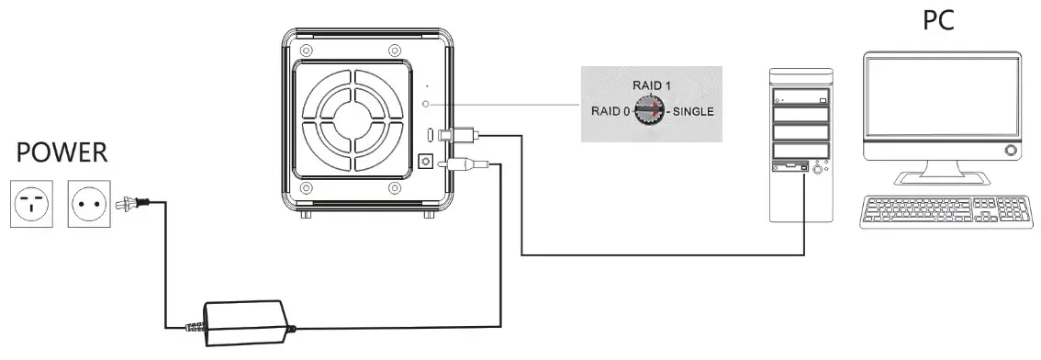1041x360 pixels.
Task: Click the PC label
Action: point(937,19)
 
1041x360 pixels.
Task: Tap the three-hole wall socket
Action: point(30,203)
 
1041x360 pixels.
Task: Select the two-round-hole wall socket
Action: point(89,203)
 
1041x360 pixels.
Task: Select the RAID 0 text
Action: point(609,112)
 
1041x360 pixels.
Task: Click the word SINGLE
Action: point(694,112)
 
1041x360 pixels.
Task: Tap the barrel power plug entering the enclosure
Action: point(464,165)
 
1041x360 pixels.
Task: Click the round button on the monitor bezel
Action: point(1011,150)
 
